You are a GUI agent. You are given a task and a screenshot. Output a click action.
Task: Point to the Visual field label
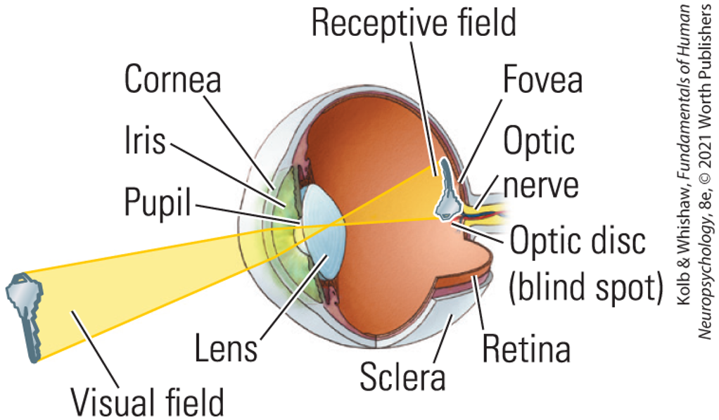(147, 402)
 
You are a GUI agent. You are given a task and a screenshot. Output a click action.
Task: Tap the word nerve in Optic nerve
(541, 184)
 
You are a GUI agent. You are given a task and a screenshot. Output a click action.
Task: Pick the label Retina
(526, 348)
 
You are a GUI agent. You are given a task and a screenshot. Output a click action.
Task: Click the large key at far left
(24, 317)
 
